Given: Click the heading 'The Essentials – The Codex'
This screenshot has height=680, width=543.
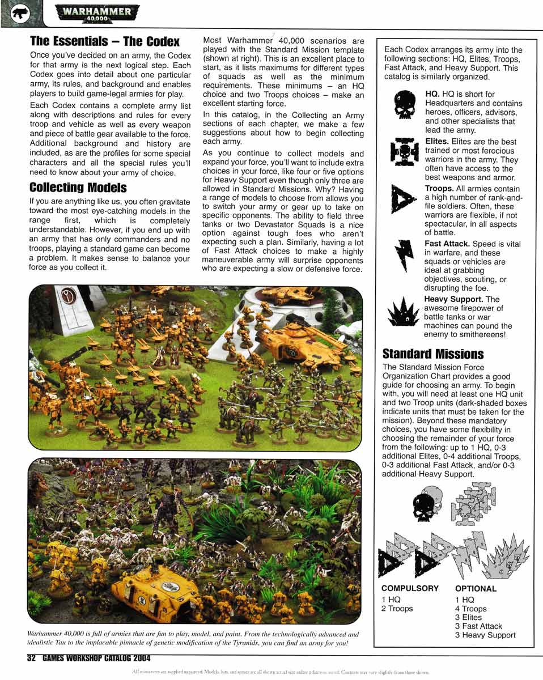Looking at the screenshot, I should (x=104, y=41).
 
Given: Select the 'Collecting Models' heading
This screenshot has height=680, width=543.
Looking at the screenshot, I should (x=78, y=187).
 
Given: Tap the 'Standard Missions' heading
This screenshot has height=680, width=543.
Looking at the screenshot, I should (x=433, y=354).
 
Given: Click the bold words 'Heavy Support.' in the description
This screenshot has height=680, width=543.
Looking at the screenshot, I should (x=453, y=299).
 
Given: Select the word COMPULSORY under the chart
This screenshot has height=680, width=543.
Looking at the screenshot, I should (x=410, y=588).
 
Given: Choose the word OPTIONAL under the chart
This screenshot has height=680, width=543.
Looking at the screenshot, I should (x=476, y=589).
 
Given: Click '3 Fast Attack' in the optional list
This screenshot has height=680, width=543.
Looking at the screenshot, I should (x=478, y=626).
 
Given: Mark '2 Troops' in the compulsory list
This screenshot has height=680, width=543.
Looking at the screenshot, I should (x=397, y=609).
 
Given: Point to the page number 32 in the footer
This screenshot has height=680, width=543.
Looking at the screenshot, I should (x=31, y=658).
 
